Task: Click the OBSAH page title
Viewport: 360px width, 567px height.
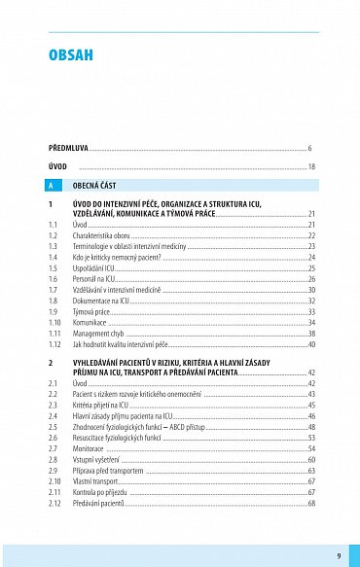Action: click(71, 55)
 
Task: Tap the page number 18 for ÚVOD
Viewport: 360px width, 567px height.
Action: click(311, 167)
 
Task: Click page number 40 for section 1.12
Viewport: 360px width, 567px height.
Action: click(311, 344)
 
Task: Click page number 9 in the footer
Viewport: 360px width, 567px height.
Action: click(338, 555)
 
